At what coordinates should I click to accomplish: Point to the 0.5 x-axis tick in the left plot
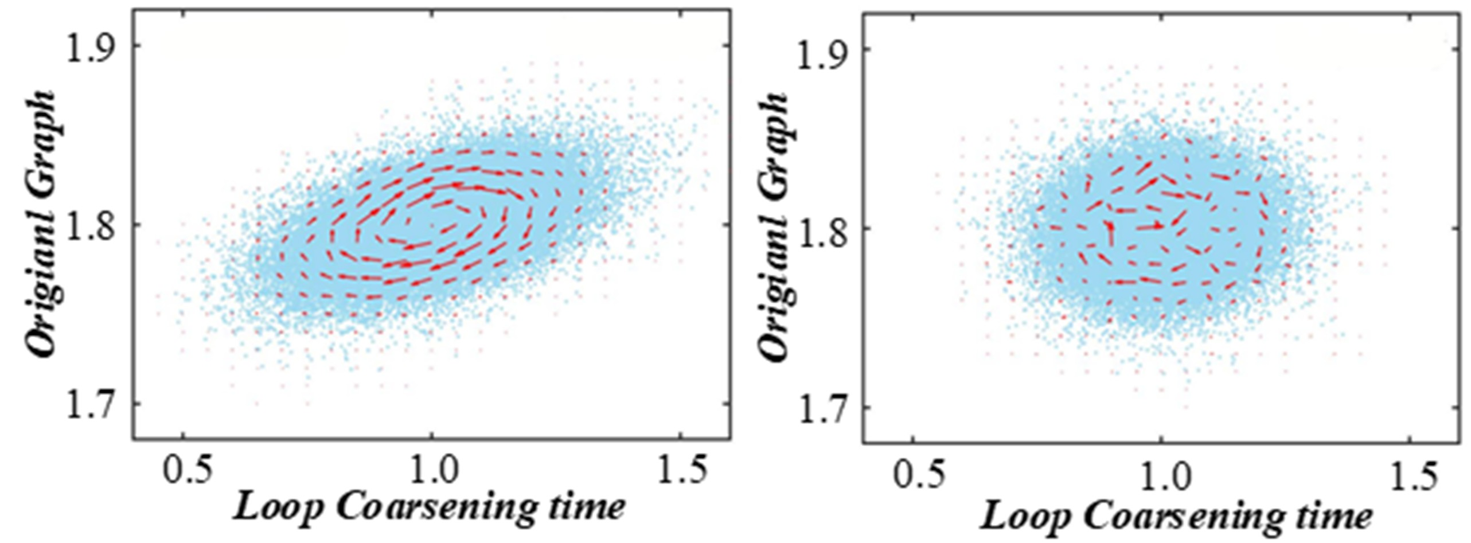182,471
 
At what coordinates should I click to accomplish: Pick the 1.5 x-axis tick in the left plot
680,471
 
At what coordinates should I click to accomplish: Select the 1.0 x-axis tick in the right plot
1161,475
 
